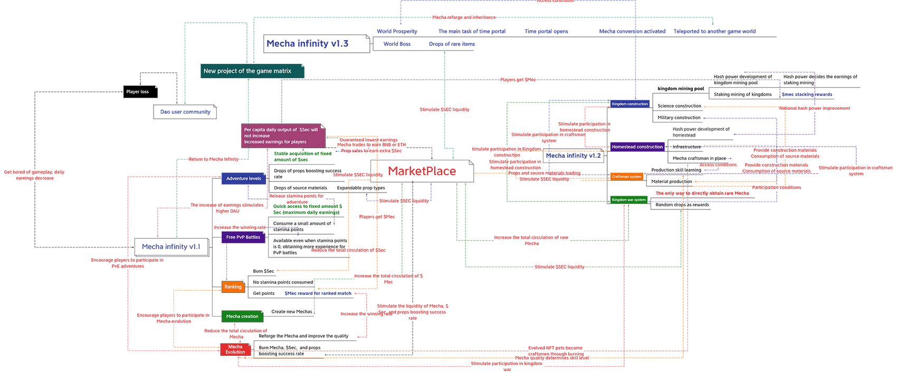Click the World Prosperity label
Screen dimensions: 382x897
click(x=397, y=32)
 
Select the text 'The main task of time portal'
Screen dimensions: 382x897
click(x=472, y=32)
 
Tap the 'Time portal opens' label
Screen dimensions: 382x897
click(x=546, y=32)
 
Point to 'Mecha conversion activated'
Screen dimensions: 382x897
click(x=632, y=32)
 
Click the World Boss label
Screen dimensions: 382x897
click(x=397, y=44)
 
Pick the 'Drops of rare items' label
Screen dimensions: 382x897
click(x=452, y=44)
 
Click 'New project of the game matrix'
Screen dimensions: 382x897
click(x=247, y=71)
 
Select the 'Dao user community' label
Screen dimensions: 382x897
click(x=185, y=112)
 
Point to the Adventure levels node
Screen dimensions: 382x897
click(x=243, y=179)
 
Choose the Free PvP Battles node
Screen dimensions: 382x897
click(x=243, y=237)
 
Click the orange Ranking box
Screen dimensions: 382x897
click(x=233, y=287)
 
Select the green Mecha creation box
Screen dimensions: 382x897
click(x=242, y=317)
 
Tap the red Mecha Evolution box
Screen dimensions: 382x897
click(x=235, y=349)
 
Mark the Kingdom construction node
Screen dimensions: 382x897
click(x=629, y=104)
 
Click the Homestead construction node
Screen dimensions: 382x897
click(x=637, y=147)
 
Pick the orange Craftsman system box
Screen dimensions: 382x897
click(x=626, y=177)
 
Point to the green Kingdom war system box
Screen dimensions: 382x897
click(x=628, y=200)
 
